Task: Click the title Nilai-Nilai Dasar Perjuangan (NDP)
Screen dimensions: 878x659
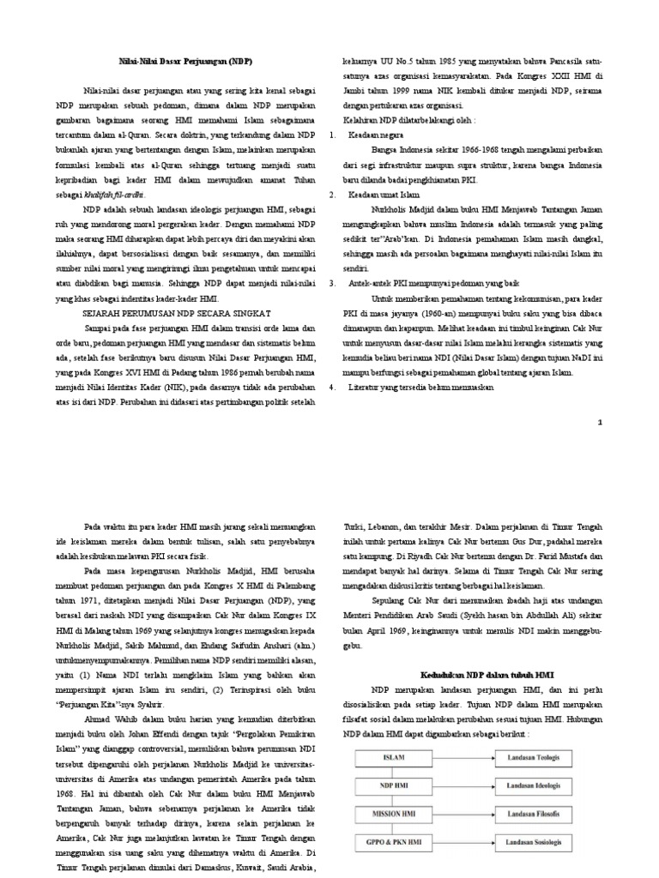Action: pyautogui.click(x=185, y=63)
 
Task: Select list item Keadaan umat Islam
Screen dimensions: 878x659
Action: pyautogui.click(x=382, y=195)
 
